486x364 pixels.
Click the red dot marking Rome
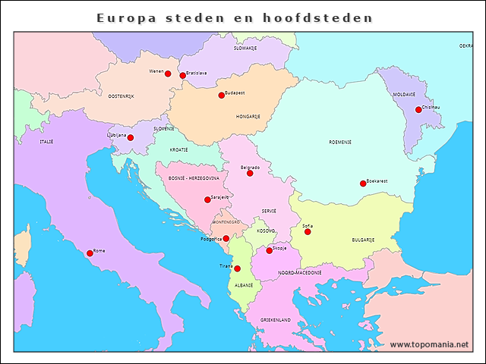tap(90, 253)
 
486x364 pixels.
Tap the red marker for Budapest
tap(222, 96)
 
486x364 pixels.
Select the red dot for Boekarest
tap(363, 184)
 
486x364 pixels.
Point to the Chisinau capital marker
tap(418, 110)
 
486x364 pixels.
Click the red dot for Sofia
tap(308, 231)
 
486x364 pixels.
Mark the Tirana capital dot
tap(237, 268)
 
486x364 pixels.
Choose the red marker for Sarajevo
tap(207, 200)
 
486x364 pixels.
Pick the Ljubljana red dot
tap(131, 138)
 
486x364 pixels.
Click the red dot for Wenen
tap(168, 74)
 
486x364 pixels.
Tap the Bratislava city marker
tap(183, 76)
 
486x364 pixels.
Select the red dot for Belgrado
tap(250, 174)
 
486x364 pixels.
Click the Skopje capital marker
tap(269, 250)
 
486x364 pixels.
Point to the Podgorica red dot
tap(226, 238)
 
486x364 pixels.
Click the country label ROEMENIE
tap(339, 142)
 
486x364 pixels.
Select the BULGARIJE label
tap(363, 240)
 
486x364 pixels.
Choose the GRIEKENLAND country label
tap(276, 320)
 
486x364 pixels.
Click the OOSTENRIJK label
tap(121, 96)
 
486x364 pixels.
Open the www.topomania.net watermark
tap(429, 344)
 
